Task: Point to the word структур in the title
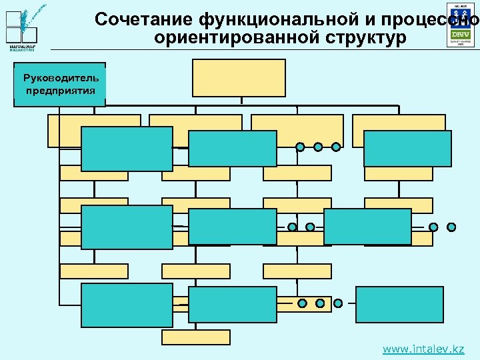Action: tap(362, 39)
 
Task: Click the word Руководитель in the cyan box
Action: tap(59, 77)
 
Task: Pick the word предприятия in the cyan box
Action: tap(59, 90)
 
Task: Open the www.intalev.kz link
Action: tap(423, 349)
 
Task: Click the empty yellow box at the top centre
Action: tap(239, 78)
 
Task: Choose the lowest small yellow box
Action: tap(196, 337)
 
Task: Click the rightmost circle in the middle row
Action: tap(451, 227)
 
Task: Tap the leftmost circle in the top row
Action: tap(301, 147)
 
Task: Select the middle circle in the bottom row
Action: tap(320, 303)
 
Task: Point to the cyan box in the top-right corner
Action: tap(407, 148)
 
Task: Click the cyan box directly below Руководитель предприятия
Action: tap(127, 149)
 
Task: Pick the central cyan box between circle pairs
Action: tap(367, 227)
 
